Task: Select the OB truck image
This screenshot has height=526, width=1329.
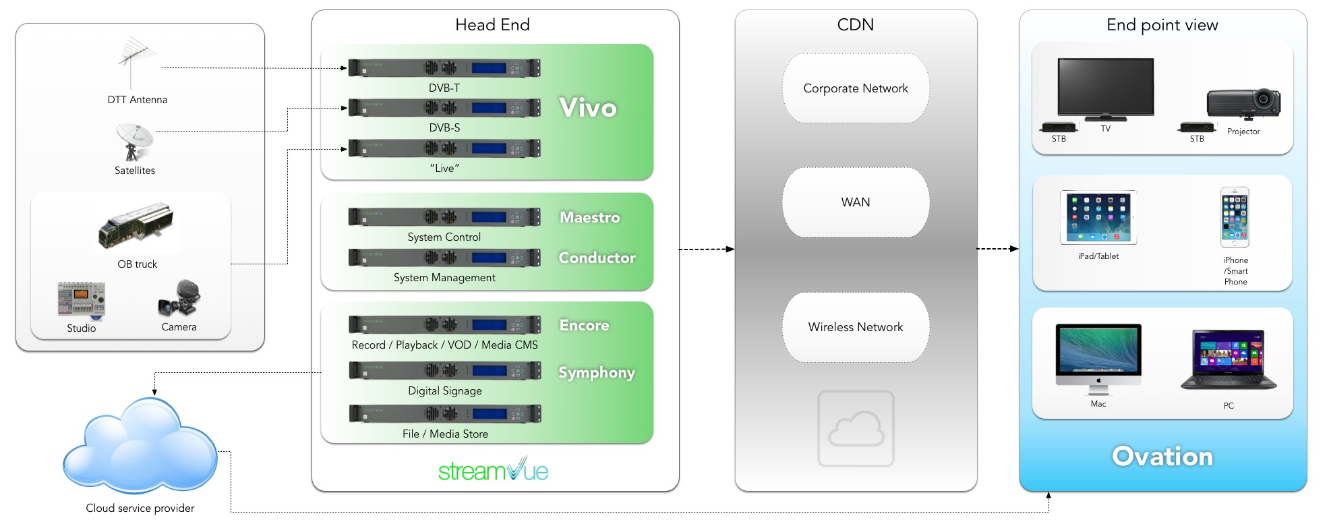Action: tap(137, 227)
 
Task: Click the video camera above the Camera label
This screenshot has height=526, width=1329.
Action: tap(179, 298)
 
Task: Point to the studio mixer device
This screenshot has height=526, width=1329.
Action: tap(81, 299)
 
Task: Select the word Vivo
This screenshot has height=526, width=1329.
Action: tap(588, 108)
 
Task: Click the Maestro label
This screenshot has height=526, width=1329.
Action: tap(589, 217)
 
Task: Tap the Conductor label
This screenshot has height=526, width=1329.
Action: tap(597, 258)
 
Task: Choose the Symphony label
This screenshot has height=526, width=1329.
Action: tap(597, 373)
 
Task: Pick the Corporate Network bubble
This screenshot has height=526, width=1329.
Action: tap(855, 88)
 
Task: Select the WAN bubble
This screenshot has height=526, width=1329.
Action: tap(855, 202)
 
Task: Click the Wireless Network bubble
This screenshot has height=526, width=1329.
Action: tap(855, 327)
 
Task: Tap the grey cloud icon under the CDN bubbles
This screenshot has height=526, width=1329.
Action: tap(856, 429)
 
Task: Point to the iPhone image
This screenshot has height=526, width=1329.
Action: tap(1235, 217)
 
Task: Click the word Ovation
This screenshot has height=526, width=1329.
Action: tap(1162, 457)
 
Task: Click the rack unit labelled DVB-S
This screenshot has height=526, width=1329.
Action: tap(444, 108)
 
